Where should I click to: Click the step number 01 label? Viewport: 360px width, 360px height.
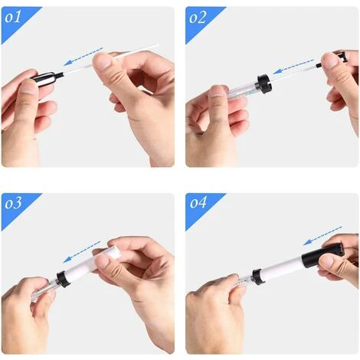tap(13, 18)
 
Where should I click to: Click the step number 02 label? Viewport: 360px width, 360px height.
tap(198, 18)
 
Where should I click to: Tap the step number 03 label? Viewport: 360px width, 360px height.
tap(13, 203)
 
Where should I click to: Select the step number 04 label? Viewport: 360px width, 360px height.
tap(198, 203)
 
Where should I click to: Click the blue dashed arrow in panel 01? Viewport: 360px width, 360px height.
tap(83, 57)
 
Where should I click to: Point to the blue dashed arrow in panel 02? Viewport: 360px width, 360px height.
tap(293, 67)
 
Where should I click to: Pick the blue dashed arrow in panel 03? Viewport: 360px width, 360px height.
tap(82, 252)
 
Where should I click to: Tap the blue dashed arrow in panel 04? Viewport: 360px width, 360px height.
tap(322, 236)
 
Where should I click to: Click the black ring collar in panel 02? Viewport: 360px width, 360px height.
tap(264, 82)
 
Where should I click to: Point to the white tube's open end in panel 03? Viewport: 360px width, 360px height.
tap(113, 251)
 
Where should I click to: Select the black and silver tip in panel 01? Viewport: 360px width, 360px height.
tap(47, 77)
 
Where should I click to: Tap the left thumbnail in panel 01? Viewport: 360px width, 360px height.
tap(29, 86)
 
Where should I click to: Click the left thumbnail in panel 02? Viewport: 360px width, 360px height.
tap(218, 91)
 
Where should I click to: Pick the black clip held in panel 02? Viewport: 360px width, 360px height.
tap(332, 59)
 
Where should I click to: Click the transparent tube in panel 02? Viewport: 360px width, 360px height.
tap(243, 90)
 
